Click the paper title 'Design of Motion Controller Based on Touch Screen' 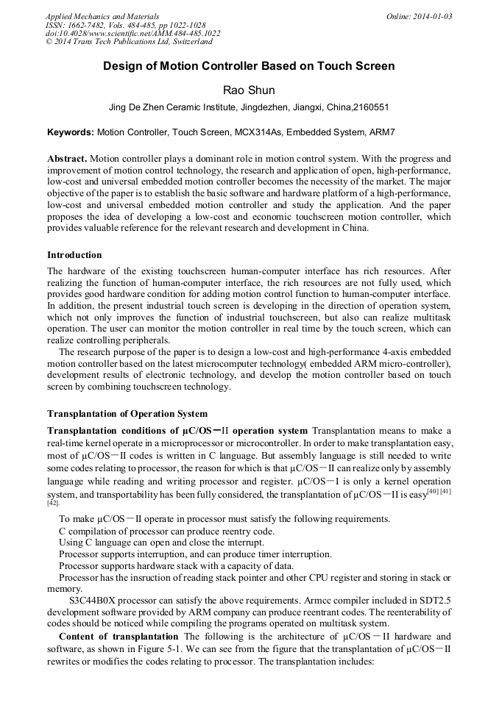point(249,66)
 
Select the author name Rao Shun point(249,90)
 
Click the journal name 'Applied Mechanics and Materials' point(102,16)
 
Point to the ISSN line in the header point(125,25)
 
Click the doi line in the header point(132,33)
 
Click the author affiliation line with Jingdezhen point(249,107)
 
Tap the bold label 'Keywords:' point(71,132)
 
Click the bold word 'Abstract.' point(67,159)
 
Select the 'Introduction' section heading point(74,255)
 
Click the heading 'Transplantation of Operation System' point(127,414)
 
